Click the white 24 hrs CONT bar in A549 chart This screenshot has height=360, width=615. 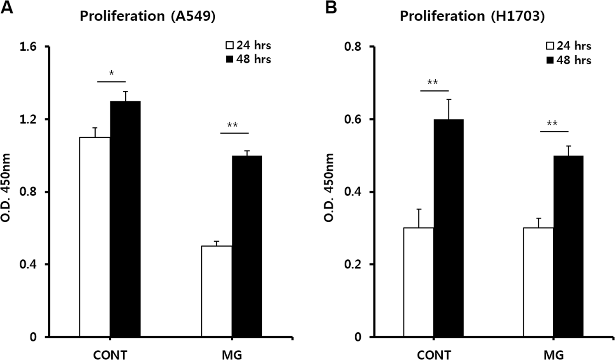94,237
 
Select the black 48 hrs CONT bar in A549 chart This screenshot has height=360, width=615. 125,219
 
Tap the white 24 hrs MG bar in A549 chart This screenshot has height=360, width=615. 216,292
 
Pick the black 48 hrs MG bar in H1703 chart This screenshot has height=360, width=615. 568,246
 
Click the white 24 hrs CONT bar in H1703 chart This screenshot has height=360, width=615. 418,282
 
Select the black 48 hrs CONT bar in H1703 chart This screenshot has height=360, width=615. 448,228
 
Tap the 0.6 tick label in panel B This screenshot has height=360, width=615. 353,119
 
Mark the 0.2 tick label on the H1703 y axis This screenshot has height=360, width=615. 353,264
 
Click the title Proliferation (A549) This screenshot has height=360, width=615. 147,16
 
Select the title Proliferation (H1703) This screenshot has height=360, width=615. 472,16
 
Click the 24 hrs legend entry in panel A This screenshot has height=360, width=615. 248,45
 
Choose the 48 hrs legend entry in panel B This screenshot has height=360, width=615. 569,60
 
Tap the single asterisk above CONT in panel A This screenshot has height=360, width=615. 111,73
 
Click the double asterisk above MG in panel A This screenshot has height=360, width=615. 232,125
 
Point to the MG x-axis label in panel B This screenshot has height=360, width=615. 553,355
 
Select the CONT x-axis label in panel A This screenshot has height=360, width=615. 110,355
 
